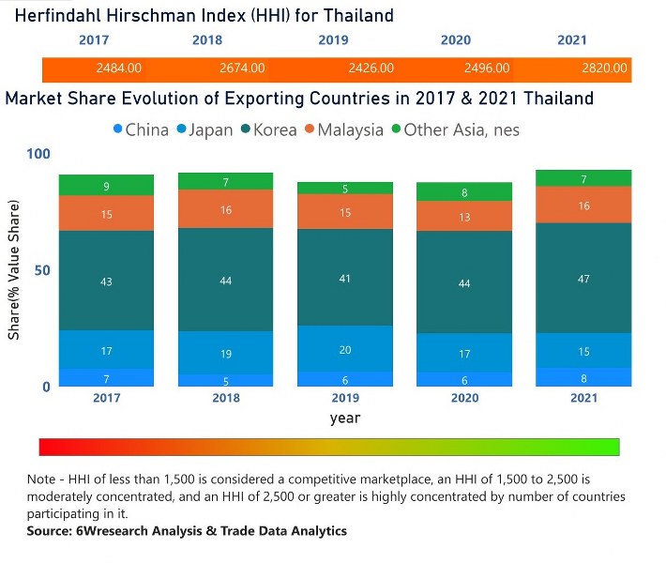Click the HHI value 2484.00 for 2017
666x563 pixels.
click(119, 68)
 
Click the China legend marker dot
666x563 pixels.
click(118, 129)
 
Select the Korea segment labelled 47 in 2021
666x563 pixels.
click(583, 278)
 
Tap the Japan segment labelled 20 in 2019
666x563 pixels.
click(345, 348)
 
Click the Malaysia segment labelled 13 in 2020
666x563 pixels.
click(464, 216)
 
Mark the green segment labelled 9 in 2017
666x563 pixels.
click(106, 185)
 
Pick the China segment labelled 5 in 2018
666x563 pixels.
click(226, 380)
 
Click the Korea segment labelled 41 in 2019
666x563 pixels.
click(345, 277)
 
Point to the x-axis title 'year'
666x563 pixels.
click(344, 418)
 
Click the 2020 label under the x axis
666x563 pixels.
click(464, 398)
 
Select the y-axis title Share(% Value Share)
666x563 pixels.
click(15, 269)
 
